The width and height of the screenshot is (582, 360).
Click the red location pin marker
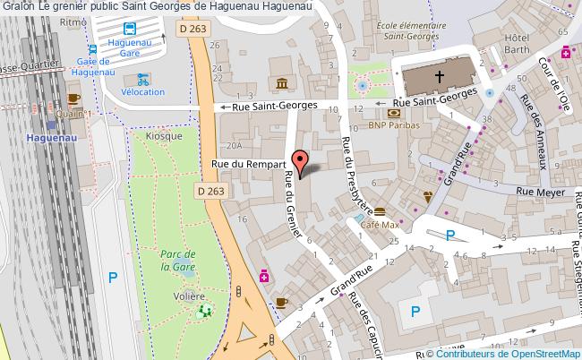click(x=302, y=161)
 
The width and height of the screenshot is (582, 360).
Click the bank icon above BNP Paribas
click(x=393, y=113)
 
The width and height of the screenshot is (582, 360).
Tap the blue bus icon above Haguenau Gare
click(x=129, y=28)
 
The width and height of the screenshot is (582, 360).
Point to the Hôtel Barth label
click(x=518, y=45)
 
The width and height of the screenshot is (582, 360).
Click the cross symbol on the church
click(x=440, y=79)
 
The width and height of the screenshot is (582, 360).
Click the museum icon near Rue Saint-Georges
click(x=282, y=85)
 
